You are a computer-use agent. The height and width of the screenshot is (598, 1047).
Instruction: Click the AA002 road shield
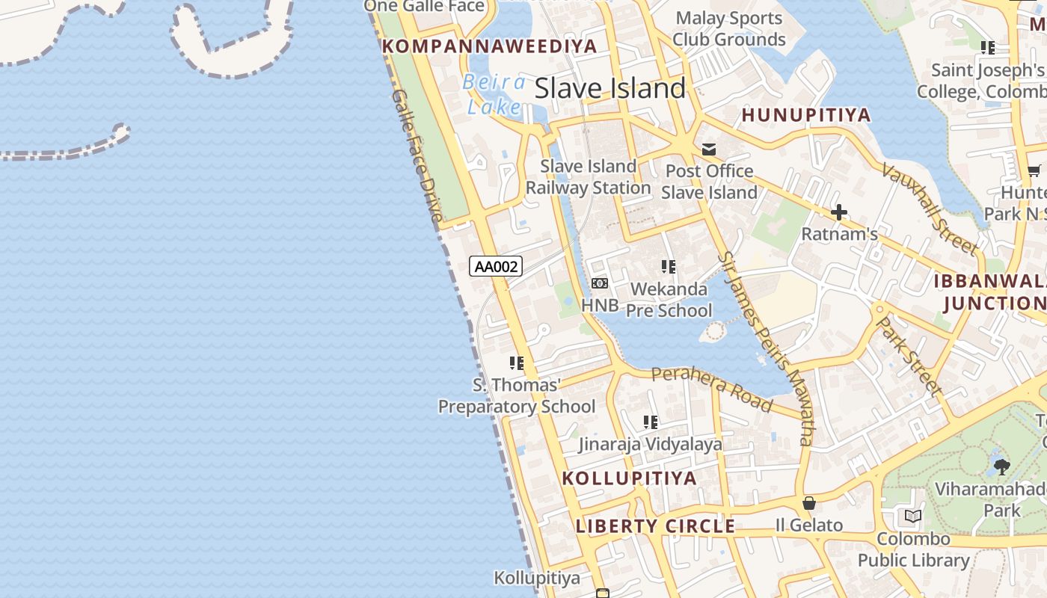coord(495,266)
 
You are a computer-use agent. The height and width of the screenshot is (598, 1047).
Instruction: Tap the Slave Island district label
coord(610,89)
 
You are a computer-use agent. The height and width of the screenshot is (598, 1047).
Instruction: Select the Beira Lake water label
coord(494,94)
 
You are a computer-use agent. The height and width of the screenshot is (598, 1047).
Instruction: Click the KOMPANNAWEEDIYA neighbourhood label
coord(489,46)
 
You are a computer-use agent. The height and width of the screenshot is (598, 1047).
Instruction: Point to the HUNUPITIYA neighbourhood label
coord(806,115)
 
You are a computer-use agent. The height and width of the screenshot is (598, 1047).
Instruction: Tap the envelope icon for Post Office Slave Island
coord(708,150)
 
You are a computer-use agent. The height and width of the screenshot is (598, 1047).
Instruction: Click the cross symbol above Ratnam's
coord(839,213)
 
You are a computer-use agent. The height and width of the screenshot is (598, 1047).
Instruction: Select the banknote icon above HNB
coord(600,283)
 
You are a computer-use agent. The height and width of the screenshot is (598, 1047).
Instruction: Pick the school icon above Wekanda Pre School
coord(668,267)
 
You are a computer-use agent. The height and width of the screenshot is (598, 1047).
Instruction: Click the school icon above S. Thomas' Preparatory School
coord(517,363)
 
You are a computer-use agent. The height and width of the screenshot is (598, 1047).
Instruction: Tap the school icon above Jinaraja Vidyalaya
coord(651,422)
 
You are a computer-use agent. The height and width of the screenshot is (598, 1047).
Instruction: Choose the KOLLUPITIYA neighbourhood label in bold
coord(629,478)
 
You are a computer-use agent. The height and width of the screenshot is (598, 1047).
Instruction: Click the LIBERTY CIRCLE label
coord(655,526)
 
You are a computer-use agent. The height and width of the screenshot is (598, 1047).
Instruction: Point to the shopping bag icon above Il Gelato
coord(808,503)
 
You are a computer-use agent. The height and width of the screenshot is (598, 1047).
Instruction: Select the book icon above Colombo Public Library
coord(912,516)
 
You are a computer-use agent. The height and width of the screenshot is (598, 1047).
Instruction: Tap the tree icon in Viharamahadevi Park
coord(1001,467)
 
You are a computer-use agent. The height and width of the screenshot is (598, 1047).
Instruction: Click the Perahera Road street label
coord(711,389)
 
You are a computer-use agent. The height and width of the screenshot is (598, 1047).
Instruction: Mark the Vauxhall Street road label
coord(929,208)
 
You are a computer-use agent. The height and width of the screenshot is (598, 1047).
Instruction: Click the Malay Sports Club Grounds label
coord(728,29)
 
